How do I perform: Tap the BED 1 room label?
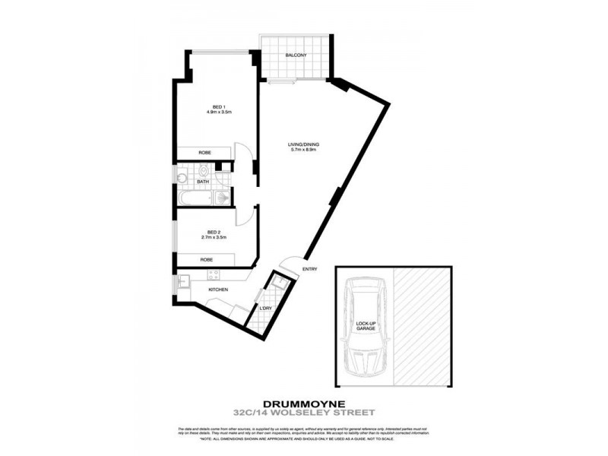click(219, 107)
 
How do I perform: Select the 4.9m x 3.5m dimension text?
click(219, 113)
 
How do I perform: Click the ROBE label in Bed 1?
click(204, 153)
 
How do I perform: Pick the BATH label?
click(203, 182)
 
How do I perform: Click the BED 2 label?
click(214, 233)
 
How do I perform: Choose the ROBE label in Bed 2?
click(206, 260)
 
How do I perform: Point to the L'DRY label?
click(266, 308)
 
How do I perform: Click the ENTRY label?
click(309, 269)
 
